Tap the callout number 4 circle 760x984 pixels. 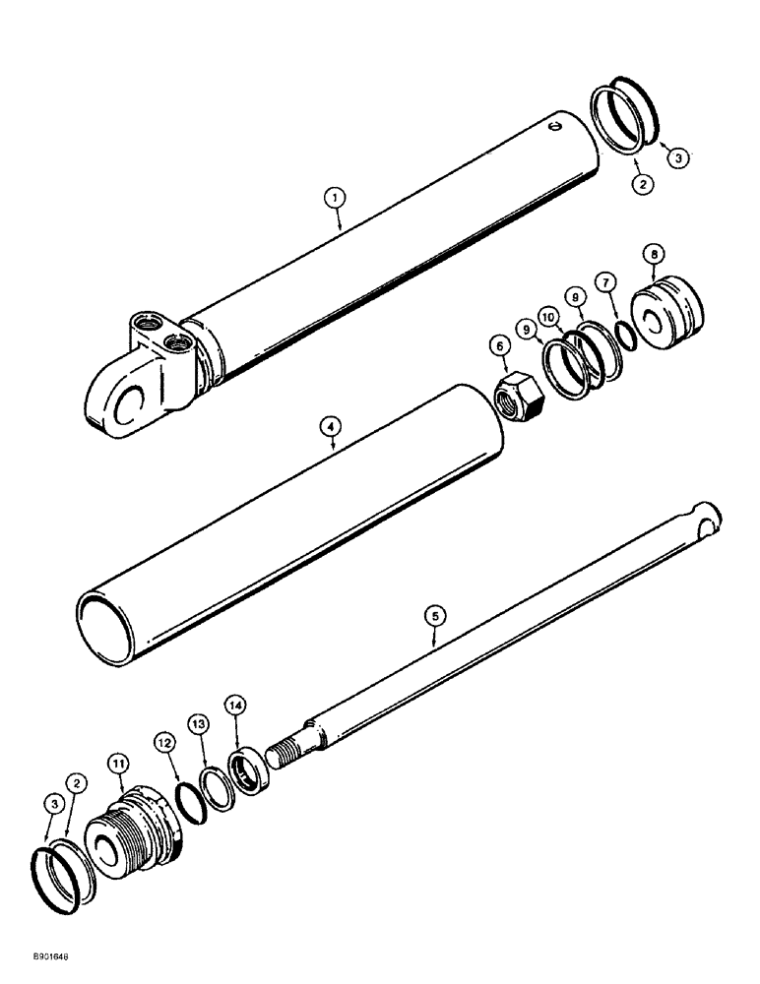click(332, 429)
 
